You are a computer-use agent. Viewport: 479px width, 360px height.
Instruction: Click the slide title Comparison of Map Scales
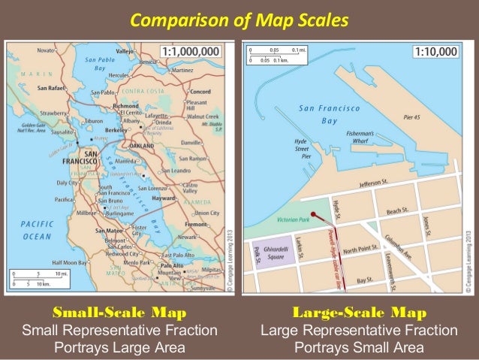(239, 20)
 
